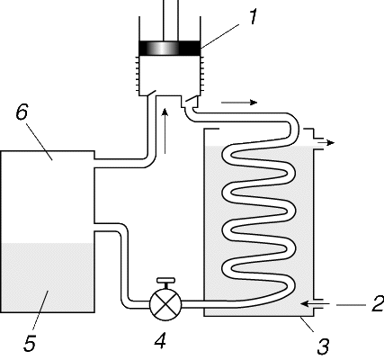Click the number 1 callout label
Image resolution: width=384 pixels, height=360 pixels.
253,17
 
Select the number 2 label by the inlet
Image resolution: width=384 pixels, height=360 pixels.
378,303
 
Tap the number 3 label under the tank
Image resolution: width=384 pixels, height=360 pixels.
324,346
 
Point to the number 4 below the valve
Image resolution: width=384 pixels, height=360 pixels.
160,340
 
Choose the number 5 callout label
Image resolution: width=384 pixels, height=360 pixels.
30,343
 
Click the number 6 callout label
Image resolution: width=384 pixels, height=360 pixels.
22,112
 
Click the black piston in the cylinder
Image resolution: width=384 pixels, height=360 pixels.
170,48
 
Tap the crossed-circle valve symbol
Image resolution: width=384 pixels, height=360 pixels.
165,304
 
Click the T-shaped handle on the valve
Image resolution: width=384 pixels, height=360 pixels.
165,283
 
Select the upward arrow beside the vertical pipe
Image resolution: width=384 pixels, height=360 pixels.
165,131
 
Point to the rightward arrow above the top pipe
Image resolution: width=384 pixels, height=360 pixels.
239,103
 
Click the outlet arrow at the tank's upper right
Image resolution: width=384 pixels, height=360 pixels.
326,143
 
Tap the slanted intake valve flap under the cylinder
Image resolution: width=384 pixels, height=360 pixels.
151,93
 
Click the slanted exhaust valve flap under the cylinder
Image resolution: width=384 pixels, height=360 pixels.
192,99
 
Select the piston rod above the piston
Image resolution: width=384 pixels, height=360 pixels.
171,21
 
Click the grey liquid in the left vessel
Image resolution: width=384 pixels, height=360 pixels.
48,277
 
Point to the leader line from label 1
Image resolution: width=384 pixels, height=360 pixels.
220,36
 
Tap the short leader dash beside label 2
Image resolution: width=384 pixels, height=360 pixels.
351,305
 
